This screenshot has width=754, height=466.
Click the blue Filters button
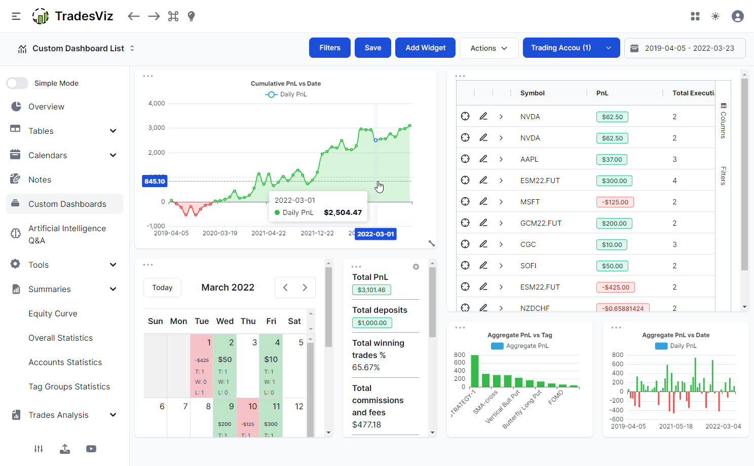pyautogui.click(x=329, y=48)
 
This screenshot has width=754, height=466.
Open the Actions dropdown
pyautogui.click(x=488, y=48)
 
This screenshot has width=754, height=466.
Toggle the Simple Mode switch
pyautogui.click(x=18, y=83)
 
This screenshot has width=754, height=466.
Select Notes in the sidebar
pyautogui.click(x=40, y=180)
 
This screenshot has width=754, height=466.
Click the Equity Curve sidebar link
pyautogui.click(x=53, y=313)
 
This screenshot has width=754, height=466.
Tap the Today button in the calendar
pyautogui.click(x=162, y=288)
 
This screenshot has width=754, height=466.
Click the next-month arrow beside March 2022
pyautogui.click(x=305, y=288)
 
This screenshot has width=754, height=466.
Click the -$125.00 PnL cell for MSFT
pyautogui.click(x=615, y=202)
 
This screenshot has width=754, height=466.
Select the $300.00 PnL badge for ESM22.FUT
pyautogui.click(x=614, y=181)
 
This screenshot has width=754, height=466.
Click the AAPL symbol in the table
pyautogui.click(x=529, y=159)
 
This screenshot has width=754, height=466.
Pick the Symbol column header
pyautogui.click(x=532, y=93)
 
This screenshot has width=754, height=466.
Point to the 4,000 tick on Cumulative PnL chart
pyautogui.click(x=157, y=103)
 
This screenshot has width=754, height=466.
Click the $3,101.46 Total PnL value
pyautogui.click(x=371, y=290)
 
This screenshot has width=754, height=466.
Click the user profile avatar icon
pyautogui.click(x=737, y=16)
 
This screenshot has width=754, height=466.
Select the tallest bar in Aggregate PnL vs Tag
pyautogui.click(x=475, y=371)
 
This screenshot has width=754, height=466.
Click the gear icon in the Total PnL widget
pyautogui.click(x=416, y=267)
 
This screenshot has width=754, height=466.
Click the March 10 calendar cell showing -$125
pyautogui.click(x=248, y=417)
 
